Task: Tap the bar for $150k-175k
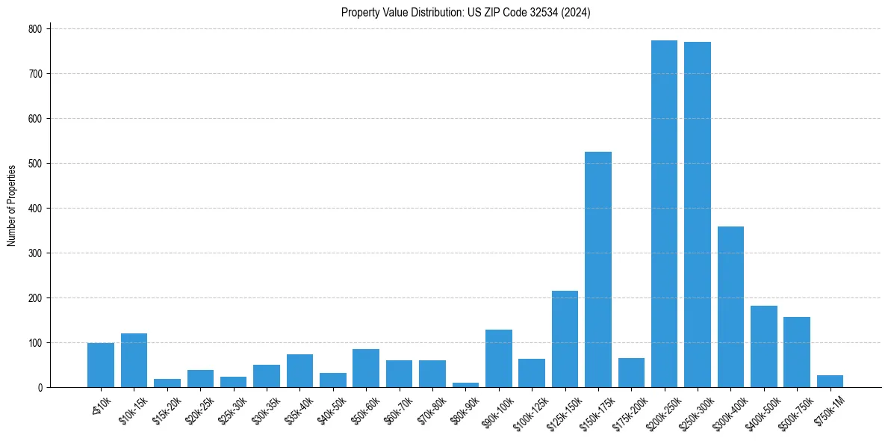[x=597, y=269]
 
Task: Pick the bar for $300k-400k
[x=730, y=306]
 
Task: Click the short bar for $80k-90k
[x=465, y=385]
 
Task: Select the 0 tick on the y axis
[x=42, y=387]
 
